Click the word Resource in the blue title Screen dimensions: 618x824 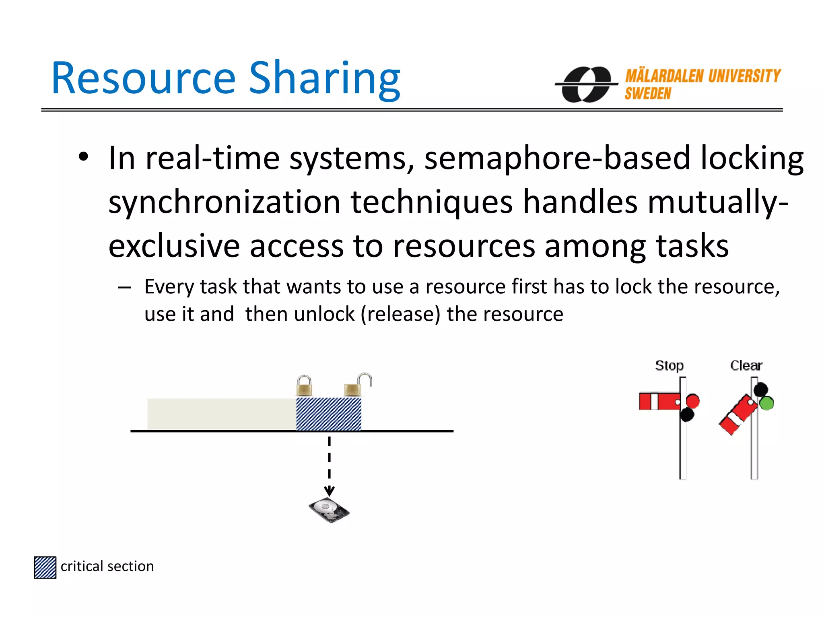pyautogui.click(x=143, y=78)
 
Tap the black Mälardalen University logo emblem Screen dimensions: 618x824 pyautogui.click(x=586, y=84)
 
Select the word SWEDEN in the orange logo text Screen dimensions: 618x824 pyautogui.click(x=648, y=94)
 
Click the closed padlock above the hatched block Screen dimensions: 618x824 pyautogui.click(x=304, y=386)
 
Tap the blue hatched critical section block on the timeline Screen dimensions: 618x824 pyautogui.click(x=329, y=414)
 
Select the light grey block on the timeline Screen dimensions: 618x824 pyautogui.click(x=221, y=414)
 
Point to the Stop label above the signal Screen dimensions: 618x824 pyautogui.click(x=669, y=365)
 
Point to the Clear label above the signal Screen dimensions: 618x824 pyautogui.click(x=746, y=365)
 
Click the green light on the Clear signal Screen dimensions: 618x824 pyautogui.click(x=766, y=403)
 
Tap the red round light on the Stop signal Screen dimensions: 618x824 pyautogui.click(x=693, y=401)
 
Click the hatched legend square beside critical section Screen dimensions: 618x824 pyautogui.click(x=45, y=567)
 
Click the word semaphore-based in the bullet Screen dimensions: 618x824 pyautogui.click(x=557, y=158)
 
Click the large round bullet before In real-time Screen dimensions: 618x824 pyautogui.click(x=83, y=157)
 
